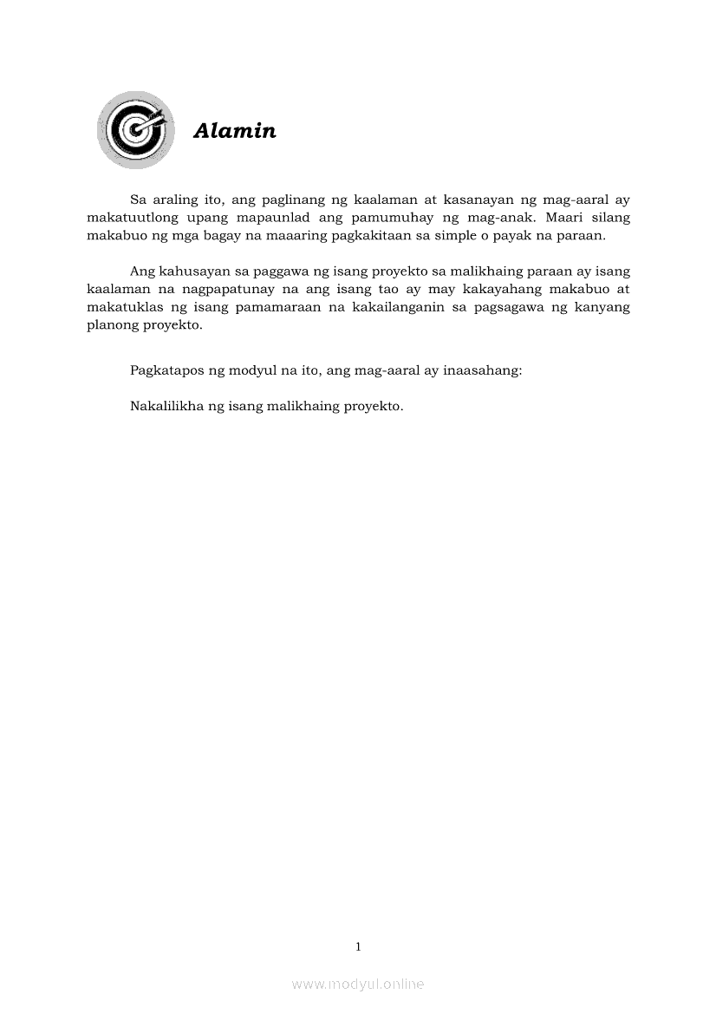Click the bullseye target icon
(x=135, y=130)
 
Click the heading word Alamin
(x=235, y=131)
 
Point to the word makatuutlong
(x=130, y=218)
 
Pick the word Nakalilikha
(x=166, y=406)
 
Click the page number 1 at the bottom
(x=358, y=946)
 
